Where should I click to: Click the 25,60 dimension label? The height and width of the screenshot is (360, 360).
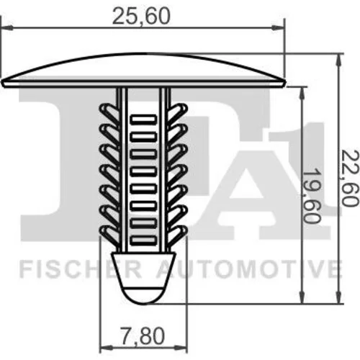point(141,16)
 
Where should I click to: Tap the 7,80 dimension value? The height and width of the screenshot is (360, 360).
point(143,336)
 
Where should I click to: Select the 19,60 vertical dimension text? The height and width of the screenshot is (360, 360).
point(311,195)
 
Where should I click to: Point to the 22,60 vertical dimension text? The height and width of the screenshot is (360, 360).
point(350,179)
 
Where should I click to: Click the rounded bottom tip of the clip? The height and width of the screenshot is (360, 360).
point(143,296)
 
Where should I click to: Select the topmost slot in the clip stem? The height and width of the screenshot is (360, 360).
point(143,120)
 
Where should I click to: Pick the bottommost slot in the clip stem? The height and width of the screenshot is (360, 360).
point(143,240)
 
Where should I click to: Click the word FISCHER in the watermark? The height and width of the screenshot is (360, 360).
point(81,270)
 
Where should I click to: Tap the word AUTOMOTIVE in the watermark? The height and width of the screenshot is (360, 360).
point(249,270)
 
